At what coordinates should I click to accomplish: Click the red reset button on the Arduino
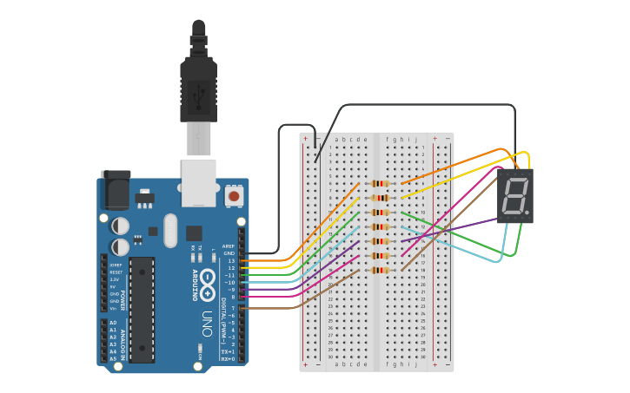click(x=234, y=197)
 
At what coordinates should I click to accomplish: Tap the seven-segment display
click(x=514, y=195)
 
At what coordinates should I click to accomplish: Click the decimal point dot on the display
click(x=526, y=211)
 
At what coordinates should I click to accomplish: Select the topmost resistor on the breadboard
click(x=380, y=183)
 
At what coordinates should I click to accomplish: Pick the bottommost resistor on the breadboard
click(x=380, y=270)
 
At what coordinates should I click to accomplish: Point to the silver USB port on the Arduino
click(x=198, y=181)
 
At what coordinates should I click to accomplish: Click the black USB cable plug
click(x=198, y=87)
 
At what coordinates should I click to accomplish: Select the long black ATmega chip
click(x=142, y=308)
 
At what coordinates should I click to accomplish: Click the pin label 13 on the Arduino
click(x=230, y=260)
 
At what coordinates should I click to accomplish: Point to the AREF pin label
click(x=229, y=246)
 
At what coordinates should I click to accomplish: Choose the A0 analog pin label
click(x=113, y=323)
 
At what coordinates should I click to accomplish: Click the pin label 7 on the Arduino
click(x=232, y=307)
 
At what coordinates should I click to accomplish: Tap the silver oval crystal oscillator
click(x=169, y=230)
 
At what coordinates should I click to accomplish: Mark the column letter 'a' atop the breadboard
click(x=336, y=139)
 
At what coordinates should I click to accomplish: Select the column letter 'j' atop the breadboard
click(x=415, y=139)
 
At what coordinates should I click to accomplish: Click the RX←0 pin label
click(x=228, y=358)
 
